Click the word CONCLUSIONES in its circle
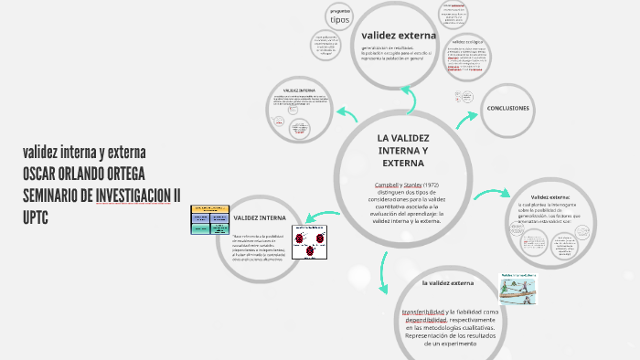pyautogui.click(x=507, y=108)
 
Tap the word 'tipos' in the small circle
pyautogui.click(x=339, y=19)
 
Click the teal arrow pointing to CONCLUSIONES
pyautogui.click(x=466, y=116)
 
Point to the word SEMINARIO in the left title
pyautogui.click(x=56, y=195)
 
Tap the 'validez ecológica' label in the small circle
pyautogui.click(x=467, y=42)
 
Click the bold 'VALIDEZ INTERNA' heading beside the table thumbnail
pyautogui.click(x=260, y=218)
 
